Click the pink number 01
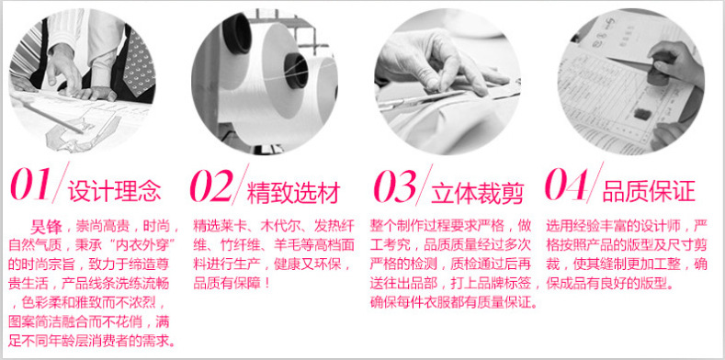(30, 185)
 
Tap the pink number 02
(211, 186)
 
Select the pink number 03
(395, 186)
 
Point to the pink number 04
(567, 185)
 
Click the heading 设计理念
(115, 191)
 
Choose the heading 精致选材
(294, 192)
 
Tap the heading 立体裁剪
(477, 193)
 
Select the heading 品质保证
(649, 191)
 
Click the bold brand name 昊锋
(46, 228)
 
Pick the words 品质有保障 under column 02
(227, 283)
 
